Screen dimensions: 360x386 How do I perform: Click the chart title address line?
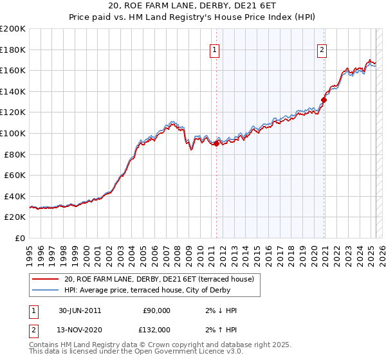point(192,6)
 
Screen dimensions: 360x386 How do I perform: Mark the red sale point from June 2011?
point(217,144)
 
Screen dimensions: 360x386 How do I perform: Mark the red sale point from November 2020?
point(324,100)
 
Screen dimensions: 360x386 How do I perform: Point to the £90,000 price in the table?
point(157,310)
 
